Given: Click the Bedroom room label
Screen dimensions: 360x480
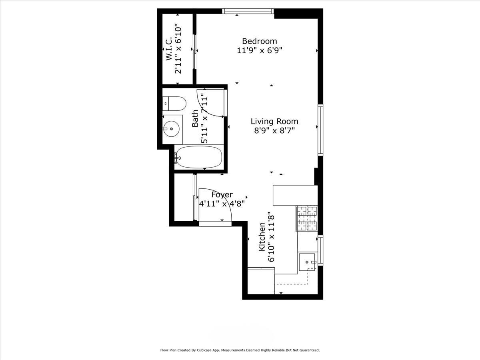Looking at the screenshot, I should (x=259, y=41).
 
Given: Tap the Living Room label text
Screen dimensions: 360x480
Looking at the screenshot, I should (x=274, y=121).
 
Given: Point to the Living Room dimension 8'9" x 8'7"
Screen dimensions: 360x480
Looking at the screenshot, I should (x=274, y=131).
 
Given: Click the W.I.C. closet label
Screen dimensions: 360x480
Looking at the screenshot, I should (x=169, y=49).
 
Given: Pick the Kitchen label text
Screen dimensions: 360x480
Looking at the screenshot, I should (x=262, y=237).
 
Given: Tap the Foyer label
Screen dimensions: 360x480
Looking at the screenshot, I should (x=222, y=195).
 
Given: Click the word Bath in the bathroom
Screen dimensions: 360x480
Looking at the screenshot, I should (x=195, y=118).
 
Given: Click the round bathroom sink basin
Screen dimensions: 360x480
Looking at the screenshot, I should (x=172, y=129).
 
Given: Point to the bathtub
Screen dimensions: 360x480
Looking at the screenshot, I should (x=199, y=157).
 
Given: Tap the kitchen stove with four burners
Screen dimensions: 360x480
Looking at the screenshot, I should (x=306, y=218).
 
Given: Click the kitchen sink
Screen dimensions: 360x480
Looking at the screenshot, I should (x=307, y=262).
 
